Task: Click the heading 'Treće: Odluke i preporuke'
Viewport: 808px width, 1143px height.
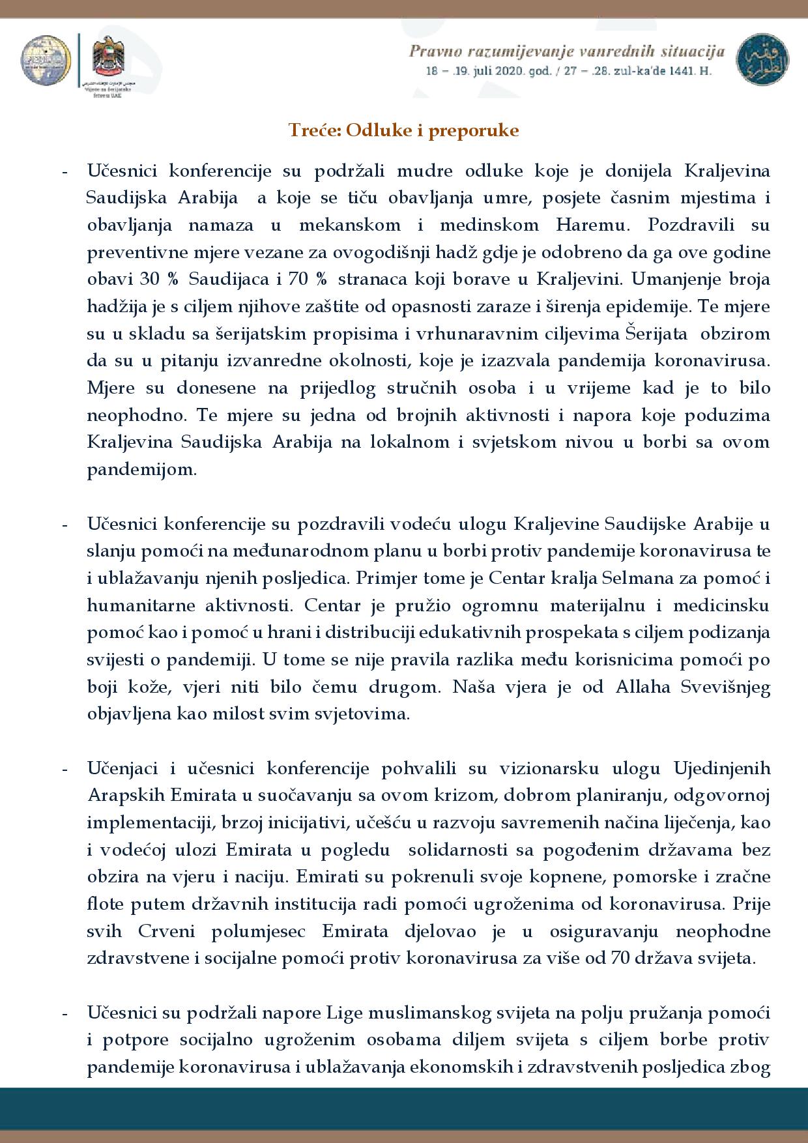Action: point(403,130)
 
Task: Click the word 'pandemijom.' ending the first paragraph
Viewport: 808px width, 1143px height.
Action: point(141,469)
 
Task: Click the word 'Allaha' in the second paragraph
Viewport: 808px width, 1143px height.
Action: point(638,686)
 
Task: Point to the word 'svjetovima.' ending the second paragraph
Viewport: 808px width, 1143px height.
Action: point(374,714)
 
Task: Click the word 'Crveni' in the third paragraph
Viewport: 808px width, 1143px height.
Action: point(166,931)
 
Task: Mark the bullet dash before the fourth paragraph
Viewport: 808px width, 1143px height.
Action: point(65,1014)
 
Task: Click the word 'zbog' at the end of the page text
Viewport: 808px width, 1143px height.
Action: point(751,1067)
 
